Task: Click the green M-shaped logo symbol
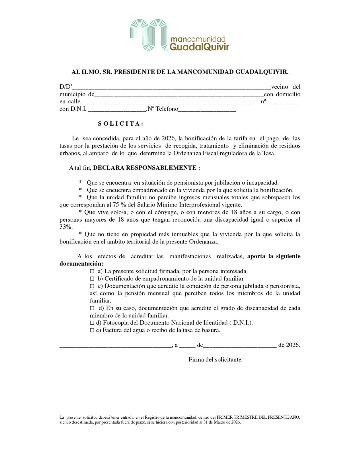(x=148, y=35)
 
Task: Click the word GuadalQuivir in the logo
(x=199, y=47)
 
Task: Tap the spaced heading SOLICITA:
(x=121, y=124)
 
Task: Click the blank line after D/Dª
(x=172, y=87)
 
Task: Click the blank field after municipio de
(x=179, y=95)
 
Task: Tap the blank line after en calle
(x=167, y=102)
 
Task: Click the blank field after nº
(x=284, y=102)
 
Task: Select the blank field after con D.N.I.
(x=117, y=109)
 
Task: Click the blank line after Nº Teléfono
(x=207, y=109)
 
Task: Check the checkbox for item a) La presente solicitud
(x=92, y=271)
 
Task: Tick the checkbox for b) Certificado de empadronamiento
(x=92, y=279)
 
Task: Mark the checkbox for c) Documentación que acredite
(x=92, y=286)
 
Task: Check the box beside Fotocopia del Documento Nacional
(x=92, y=323)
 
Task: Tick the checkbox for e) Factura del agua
(x=92, y=330)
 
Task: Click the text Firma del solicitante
(x=215, y=359)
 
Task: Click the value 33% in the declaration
(x=66, y=227)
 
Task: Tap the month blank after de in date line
(x=240, y=345)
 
